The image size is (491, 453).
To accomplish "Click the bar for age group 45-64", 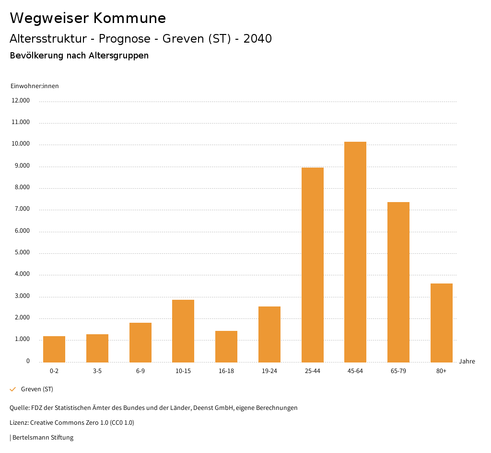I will [x=355, y=252].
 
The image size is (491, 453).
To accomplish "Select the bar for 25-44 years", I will [x=312, y=265].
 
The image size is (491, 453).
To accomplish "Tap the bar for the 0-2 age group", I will [x=54, y=349].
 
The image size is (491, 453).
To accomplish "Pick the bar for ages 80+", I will [x=441, y=323].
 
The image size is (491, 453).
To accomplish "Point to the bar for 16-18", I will [x=226, y=346].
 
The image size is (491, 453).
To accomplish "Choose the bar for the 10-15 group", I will [x=183, y=331].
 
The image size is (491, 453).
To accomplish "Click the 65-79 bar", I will [x=398, y=282].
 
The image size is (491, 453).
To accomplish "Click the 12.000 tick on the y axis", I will [x=21, y=101].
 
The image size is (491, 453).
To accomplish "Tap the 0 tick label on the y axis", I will [x=28, y=361].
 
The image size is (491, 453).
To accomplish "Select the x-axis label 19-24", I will [x=269, y=371].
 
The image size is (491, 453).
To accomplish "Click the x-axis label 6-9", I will [x=140, y=371].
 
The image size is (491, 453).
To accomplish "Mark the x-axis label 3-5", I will [x=97, y=371].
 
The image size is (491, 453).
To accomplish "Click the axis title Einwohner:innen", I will [x=35, y=86].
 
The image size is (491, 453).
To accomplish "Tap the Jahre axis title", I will [x=467, y=362].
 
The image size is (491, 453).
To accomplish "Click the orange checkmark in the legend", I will [x=13, y=389].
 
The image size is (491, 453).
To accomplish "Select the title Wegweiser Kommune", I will [x=88, y=18].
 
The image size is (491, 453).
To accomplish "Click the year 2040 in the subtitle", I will [x=257, y=39].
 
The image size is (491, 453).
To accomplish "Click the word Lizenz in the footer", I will [x=19, y=423].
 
